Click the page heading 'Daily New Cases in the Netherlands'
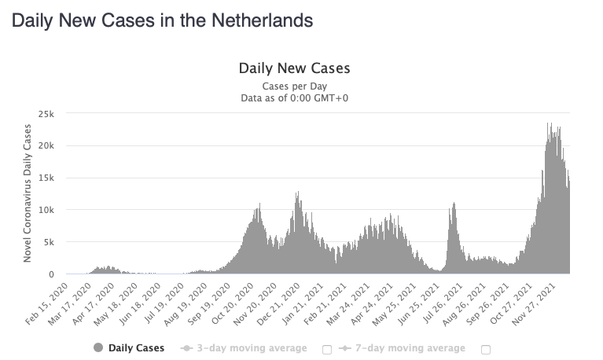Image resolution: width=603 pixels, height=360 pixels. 162,20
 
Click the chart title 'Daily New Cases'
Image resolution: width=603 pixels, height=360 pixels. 294,68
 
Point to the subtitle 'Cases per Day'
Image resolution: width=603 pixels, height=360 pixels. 294,86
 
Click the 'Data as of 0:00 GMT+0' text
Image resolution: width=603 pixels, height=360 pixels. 294,97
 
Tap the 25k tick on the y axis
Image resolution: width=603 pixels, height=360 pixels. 47,114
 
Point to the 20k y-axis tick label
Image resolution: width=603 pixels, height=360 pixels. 47,146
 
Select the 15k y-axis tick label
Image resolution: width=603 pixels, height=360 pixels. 47,178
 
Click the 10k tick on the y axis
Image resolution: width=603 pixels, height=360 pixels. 47,211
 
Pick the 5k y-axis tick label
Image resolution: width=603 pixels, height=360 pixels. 50,243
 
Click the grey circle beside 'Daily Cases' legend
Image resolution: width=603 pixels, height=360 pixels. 98,348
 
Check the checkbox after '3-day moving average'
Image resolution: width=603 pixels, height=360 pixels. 326,348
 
